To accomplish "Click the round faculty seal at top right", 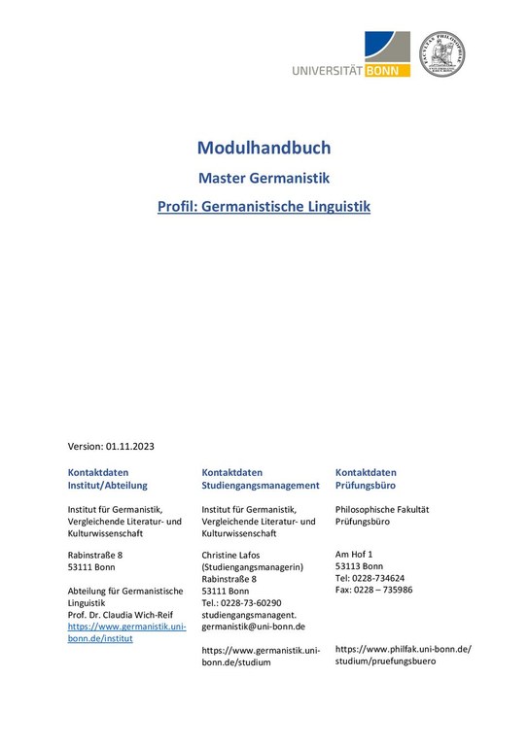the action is pyautogui.click(x=441, y=54).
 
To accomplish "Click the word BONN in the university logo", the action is pyautogui.click(x=389, y=70).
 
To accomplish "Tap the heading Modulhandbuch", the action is pyautogui.click(x=264, y=148).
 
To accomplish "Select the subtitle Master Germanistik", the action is pyautogui.click(x=264, y=179).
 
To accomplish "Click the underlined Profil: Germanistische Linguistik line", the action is pyautogui.click(x=264, y=207).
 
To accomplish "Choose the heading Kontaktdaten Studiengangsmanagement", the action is pyautogui.click(x=260, y=478).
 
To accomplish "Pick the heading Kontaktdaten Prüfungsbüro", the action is pyautogui.click(x=366, y=478).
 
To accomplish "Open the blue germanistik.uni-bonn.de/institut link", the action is pyautogui.click(x=125, y=632).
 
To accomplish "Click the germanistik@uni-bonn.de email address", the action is pyautogui.click(x=253, y=627).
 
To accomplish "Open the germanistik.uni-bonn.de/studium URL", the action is pyautogui.click(x=260, y=656).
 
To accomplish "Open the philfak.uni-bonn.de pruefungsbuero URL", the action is pyautogui.click(x=403, y=655).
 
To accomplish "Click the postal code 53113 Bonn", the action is pyautogui.click(x=359, y=566).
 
